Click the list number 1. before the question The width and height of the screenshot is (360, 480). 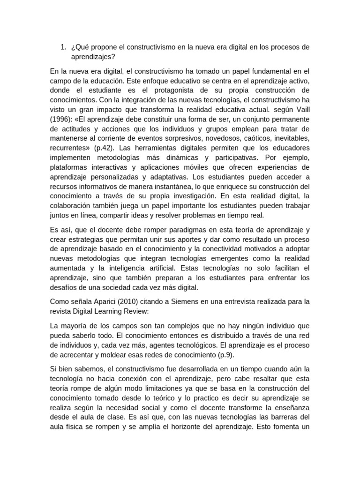(63, 47)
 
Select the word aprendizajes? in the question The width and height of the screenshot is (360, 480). (93, 56)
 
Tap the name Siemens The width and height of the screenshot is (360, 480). (197, 301)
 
